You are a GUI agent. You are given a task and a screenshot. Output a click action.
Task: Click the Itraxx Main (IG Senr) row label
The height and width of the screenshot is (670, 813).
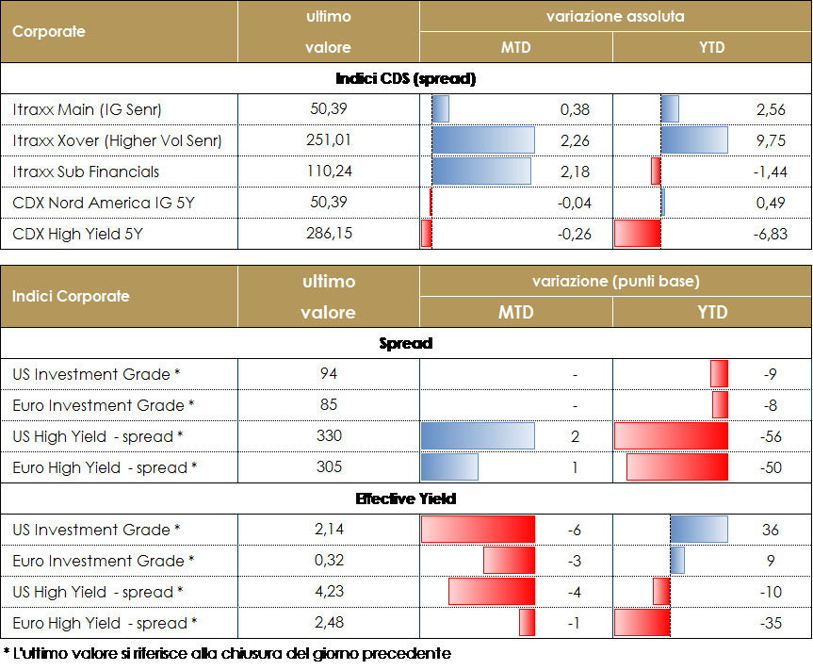(88, 110)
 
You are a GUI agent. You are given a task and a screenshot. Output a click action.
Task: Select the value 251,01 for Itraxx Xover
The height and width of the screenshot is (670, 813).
(329, 140)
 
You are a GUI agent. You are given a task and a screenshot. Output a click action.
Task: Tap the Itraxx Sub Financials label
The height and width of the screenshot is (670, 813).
(86, 172)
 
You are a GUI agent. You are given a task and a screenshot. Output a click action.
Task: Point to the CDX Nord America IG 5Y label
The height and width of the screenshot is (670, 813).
(104, 203)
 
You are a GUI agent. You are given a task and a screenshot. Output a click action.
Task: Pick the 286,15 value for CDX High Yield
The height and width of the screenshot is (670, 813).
(329, 233)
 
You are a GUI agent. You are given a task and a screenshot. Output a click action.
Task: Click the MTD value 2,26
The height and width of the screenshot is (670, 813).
(575, 140)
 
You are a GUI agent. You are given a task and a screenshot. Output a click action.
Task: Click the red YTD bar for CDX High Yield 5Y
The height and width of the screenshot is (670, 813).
(638, 234)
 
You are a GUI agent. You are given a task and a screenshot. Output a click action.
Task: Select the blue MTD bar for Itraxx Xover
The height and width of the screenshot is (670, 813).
(483, 140)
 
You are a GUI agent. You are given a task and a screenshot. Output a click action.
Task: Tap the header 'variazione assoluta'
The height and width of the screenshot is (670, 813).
(615, 16)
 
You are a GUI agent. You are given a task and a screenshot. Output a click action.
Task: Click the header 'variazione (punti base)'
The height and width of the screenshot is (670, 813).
(615, 281)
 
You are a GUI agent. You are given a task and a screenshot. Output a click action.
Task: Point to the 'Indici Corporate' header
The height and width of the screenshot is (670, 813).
(71, 296)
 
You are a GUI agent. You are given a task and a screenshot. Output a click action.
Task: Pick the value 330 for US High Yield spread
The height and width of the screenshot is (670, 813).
(329, 436)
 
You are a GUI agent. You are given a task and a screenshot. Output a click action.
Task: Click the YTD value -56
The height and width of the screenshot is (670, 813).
(768, 436)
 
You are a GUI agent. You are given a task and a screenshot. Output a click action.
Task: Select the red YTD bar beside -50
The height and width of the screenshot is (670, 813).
(677, 467)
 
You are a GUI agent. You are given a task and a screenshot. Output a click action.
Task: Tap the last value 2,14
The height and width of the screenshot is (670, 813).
(329, 530)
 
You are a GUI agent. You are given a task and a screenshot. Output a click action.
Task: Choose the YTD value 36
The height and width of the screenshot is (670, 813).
(771, 530)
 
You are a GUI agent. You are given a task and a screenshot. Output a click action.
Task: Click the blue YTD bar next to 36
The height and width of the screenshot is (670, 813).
(699, 530)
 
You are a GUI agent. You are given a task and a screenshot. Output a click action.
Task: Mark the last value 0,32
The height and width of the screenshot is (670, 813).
(329, 561)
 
